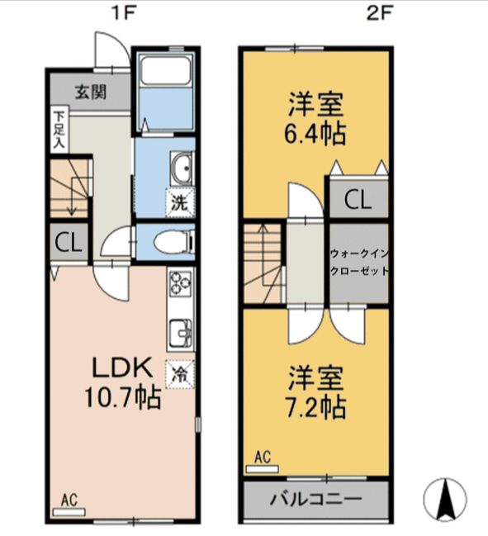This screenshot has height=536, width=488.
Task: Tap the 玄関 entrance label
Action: click(91, 92)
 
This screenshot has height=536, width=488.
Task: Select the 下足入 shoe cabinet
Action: click(59, 129)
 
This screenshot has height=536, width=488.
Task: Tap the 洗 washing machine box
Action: click(179, 200)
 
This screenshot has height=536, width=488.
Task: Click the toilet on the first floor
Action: click(174, 243)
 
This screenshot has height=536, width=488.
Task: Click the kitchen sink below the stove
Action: click(181, 334)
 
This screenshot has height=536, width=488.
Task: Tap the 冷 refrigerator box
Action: click(179, 373)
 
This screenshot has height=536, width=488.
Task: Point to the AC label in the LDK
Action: click(69, 499)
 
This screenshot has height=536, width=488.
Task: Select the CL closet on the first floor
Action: click(68, 243)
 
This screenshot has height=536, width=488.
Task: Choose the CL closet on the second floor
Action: click(357, 199)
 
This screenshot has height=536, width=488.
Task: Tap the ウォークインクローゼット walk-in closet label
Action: click(358, 262)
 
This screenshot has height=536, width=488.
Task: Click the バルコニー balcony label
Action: click(316, 500)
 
